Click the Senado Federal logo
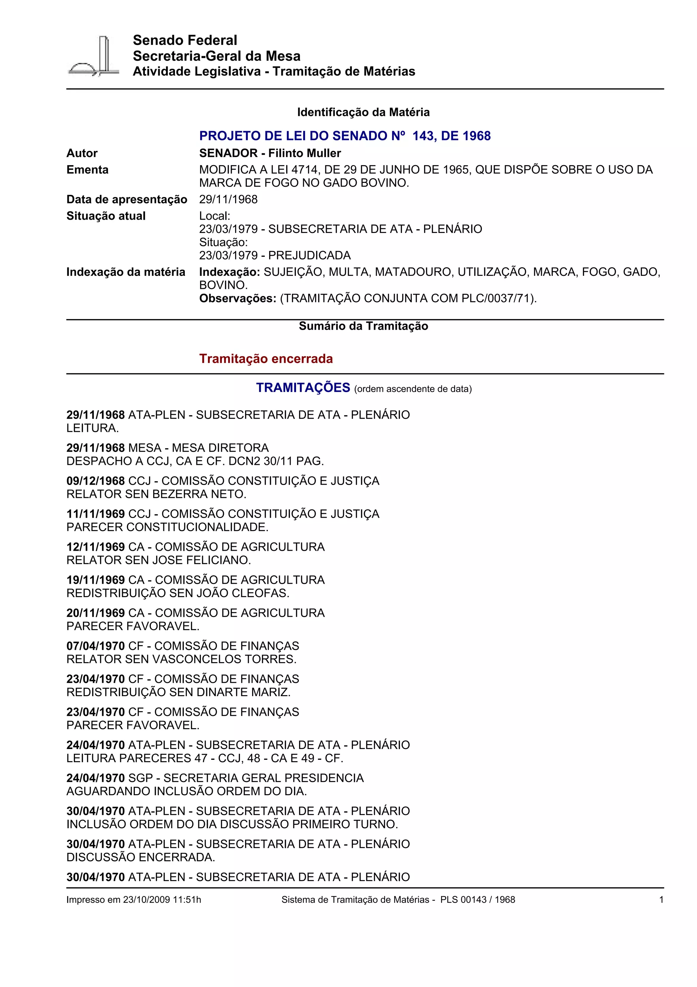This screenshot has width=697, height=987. coord(94,56)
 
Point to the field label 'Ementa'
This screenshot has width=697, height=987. coord(87,170)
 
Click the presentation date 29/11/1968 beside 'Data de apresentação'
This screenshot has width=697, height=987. coord(228,200)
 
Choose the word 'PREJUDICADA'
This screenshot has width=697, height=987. coord(309,255)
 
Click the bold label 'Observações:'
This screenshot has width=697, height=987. coord(238,298)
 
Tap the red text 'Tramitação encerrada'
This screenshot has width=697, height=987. coord(266,359)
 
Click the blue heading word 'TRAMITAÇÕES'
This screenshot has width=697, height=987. coord(303,388)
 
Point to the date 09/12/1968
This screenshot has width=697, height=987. coord(95,481)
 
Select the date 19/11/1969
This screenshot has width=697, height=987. coord(95,580)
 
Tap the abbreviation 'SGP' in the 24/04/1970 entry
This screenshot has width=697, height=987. coord(141,778)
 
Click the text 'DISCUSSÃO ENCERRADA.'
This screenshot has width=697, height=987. coord(141,857)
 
